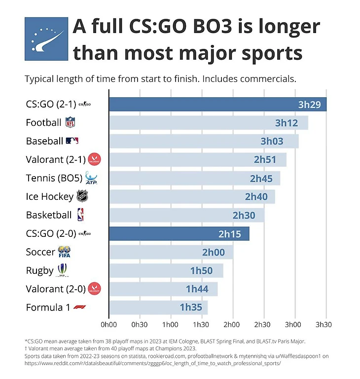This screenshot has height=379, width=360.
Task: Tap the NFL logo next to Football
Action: (70, 122)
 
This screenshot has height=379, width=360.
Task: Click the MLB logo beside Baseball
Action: (72, 141)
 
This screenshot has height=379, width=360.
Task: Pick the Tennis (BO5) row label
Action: (54, 178)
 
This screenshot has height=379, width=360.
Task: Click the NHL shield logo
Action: (82, 196)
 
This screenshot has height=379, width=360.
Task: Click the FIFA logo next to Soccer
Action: (65, 252)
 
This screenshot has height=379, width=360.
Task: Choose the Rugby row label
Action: (39, 270)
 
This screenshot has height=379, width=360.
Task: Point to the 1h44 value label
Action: (197, 289)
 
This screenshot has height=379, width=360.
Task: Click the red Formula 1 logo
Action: (79, 307)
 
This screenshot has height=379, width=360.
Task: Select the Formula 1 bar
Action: (158, 307)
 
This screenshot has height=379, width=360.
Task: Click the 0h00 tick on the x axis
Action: (108, 325)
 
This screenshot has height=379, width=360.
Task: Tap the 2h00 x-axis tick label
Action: (232, 325)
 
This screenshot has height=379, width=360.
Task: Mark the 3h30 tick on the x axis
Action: (324, 325)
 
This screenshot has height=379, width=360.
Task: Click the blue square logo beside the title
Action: (46, 39)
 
